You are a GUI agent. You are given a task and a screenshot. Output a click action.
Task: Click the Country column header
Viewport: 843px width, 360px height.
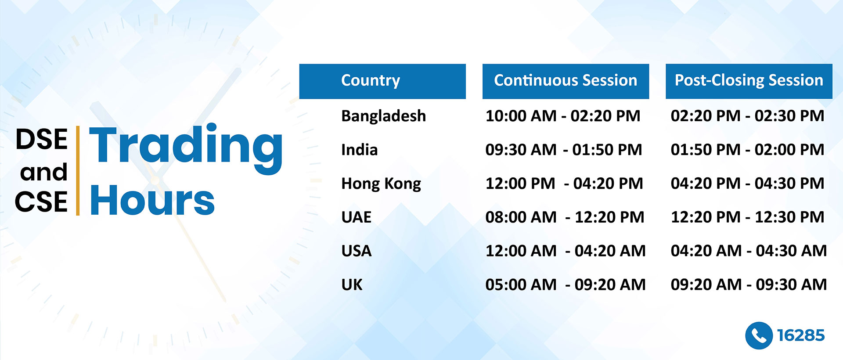point(382,81)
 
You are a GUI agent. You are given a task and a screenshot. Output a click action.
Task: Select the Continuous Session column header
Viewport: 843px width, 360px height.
point(566,81)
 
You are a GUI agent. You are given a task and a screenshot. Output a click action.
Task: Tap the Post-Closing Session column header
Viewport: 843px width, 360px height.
point(749,81)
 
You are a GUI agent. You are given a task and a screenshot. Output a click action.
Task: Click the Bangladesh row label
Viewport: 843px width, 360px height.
point(384,116)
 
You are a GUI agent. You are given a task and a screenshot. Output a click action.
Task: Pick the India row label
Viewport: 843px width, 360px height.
point(360,150)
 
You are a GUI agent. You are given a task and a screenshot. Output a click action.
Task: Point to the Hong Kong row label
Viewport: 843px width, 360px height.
point(381,184)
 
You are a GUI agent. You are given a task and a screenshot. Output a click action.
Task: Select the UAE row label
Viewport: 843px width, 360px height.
point(357,217)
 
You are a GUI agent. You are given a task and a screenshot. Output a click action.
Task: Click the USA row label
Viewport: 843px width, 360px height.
point(357,251)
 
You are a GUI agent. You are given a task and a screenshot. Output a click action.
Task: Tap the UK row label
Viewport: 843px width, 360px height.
point(352,284)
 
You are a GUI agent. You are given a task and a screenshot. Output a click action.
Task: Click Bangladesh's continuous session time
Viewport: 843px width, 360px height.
point(563,116)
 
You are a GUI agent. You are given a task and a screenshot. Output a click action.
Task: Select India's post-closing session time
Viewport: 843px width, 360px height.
point(747,150)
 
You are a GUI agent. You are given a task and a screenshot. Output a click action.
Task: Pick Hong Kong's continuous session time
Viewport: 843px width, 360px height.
point(564,184)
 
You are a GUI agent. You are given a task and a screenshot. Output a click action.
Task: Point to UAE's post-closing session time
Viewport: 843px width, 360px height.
point(747,217)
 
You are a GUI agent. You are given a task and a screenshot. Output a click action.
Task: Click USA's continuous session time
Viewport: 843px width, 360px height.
point(566,251)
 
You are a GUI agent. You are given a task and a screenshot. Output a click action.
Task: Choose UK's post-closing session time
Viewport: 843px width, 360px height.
point(749,284)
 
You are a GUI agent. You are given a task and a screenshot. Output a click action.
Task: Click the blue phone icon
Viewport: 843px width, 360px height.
point(759,336)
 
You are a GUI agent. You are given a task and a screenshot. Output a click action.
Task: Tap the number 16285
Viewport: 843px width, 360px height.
point(801,335)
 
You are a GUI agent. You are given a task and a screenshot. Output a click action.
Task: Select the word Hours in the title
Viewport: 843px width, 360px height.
point(152,200)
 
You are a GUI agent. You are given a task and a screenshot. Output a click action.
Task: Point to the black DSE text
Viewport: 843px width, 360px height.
point(42,139)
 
